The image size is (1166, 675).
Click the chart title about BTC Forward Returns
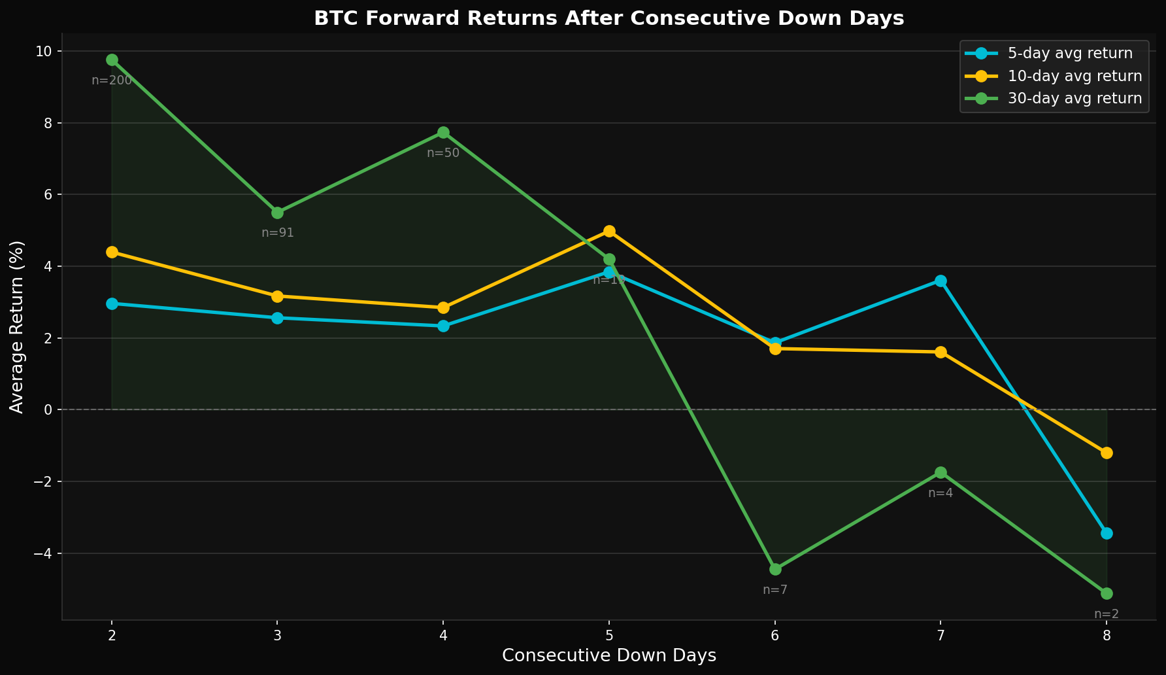tap(608, 18)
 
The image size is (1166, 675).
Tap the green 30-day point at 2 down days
tap(112, 60)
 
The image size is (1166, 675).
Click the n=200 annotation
tap(112, 80)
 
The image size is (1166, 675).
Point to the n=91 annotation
tap(278, 233)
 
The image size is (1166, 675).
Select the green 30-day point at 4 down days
tap(443, 133)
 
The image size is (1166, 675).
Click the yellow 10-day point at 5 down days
tap(609, 231)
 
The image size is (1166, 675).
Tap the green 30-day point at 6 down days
tap(775, 569)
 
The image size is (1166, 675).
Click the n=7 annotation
tap(775, 590)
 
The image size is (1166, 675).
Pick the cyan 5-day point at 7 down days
tap(941, 281)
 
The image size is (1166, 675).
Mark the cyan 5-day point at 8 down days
tap(1107, 533)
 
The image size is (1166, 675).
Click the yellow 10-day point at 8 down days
tap(1107, 453)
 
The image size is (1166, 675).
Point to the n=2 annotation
tap(1107, 614)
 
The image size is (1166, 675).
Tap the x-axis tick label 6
tap(775, 635)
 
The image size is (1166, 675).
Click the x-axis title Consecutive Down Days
tap(608, 656)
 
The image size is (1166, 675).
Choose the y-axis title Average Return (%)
tap(17, 327)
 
